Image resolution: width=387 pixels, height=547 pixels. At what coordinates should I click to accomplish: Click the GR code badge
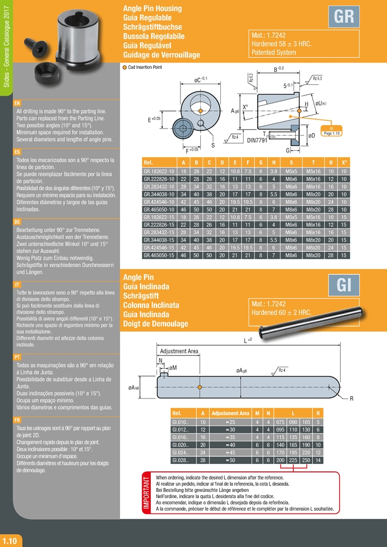point(343,17)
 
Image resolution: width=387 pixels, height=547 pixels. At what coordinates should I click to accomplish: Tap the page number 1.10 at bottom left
point(11,540)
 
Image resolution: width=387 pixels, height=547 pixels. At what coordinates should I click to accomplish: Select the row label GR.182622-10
point(158,171)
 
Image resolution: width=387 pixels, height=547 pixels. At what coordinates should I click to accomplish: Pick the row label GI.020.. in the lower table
point(180,445)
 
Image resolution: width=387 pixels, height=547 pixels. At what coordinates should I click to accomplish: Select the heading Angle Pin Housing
point(153,9)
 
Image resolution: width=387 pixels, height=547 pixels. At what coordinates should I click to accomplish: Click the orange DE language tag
point(18,221)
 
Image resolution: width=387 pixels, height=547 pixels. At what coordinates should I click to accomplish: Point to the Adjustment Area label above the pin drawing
point(179,351)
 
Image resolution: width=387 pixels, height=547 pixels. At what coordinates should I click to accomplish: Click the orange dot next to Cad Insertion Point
point(125,67)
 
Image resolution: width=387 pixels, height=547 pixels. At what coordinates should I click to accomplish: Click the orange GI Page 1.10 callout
point(331,130)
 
